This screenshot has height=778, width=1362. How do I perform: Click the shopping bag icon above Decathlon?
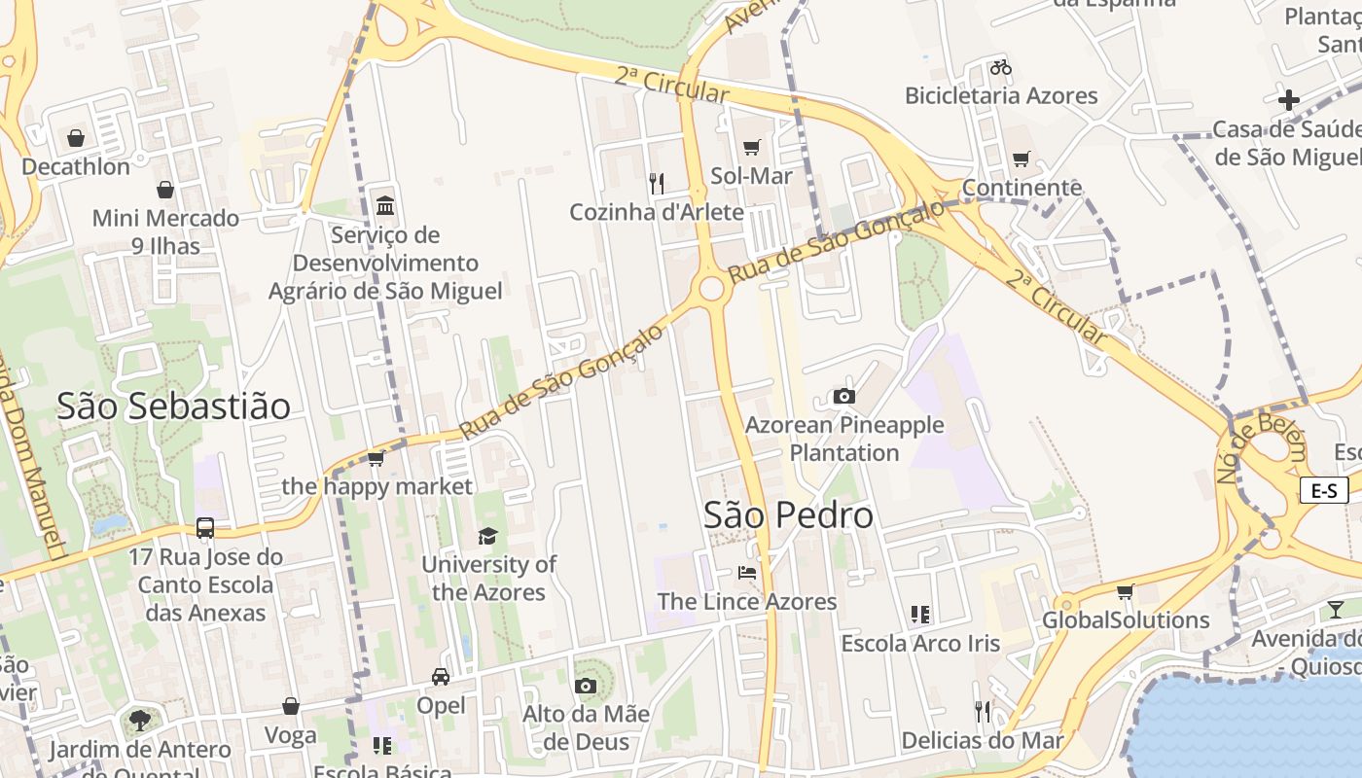click(76, 138)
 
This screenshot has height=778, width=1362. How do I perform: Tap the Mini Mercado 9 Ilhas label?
click(165, 231)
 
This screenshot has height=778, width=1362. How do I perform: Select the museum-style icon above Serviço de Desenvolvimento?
click(385, 206)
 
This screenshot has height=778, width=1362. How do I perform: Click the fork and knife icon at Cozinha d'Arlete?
click(657, 183)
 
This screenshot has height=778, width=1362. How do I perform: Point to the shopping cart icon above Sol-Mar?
click(751, 148)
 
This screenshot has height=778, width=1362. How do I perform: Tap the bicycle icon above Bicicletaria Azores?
click(1001, 67)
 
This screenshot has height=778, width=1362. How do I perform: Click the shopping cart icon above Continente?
click(1021, 159)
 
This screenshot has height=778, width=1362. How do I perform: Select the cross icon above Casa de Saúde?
click(1289, 100)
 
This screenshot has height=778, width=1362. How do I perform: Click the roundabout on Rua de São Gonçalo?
click(711, 289)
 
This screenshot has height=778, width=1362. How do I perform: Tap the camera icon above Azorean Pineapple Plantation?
click(844, 396)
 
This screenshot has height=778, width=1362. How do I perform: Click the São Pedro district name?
click(788, 515)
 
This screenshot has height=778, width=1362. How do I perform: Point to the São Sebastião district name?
click(173, 406)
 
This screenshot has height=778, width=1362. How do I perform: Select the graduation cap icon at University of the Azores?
click(487, 536)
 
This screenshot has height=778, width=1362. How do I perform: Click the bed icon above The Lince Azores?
click(747, 573)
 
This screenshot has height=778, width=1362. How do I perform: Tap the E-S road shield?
click(1324, 490)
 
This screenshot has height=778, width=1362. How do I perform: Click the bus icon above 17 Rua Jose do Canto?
click(205, 528)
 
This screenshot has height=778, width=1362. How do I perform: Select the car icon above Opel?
click(441, 676)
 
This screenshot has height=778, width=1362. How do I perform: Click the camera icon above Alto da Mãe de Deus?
click(586, 686)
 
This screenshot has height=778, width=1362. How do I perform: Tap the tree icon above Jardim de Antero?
click(140, 721)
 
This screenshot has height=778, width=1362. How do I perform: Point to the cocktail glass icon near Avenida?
click(1336, 610)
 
